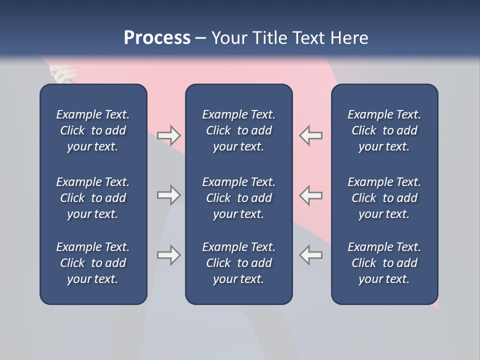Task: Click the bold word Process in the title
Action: click(x=157, y=38)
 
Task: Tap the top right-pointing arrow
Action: click(x=168, y=135)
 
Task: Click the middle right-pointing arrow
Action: click(x=168, y=195)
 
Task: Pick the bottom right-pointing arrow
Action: click(x=168, y=255)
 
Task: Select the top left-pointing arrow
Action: click(x=310, y=135)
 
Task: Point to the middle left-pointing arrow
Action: click(x=310, y=195)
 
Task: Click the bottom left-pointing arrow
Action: click(x=310, y=255)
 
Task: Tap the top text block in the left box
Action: click(x=93, y=130)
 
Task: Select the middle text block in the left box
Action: click(x=93, y=198)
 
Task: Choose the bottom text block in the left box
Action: click(x=93, y=263)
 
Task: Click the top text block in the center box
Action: click(x=238, y=130)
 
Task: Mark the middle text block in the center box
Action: click(x=238, y=198)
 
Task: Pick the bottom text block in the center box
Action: click(x=238, y=263)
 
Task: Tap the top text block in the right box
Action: click(x=384, y=130)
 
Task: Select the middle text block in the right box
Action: click(x=384, y=198)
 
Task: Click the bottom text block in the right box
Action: click(x=384, y=263)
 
